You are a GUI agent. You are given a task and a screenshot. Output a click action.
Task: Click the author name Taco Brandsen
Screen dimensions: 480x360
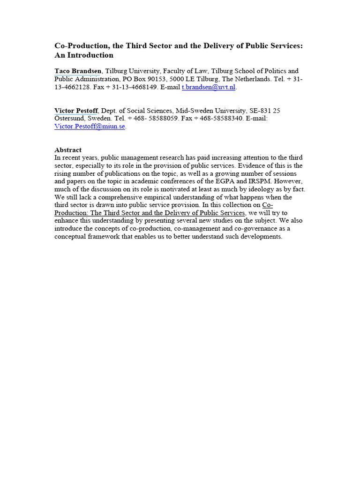tap(78, 71)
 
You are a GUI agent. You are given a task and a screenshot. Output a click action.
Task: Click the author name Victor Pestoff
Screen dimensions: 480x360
tap(76, 111)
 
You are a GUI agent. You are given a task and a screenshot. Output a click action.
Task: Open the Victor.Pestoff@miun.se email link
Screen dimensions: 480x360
tap(90, 127)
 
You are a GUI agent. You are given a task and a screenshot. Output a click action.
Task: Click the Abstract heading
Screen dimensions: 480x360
tap(68, 150)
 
